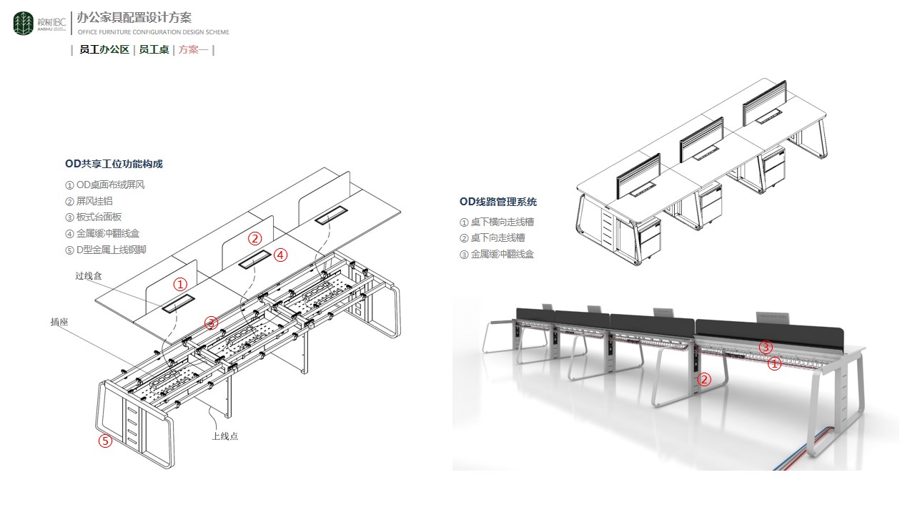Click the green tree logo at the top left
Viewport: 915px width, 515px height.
click(24, 24)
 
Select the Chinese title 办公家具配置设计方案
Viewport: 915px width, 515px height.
click(134, 18)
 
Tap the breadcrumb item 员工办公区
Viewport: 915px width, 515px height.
click(104, 50)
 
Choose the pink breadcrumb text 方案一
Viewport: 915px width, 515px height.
click(193, 50)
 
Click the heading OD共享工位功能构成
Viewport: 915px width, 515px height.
click(114, 164)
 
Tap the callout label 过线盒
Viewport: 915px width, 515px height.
click(89, 275)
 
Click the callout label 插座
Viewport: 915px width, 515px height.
click(59, 322)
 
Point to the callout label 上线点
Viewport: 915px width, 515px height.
click(224, 436)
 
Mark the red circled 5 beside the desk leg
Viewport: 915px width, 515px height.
click(105, 441)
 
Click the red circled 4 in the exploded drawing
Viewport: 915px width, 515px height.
click(281, 255)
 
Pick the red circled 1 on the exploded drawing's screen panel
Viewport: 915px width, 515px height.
click(181, 284)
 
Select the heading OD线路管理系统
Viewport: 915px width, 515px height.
click(498, 202)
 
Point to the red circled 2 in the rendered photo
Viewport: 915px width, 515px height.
click(704, 379)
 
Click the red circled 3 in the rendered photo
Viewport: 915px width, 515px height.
click(766, 348)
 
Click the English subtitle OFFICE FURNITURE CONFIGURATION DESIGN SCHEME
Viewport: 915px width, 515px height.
click(153, 32)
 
